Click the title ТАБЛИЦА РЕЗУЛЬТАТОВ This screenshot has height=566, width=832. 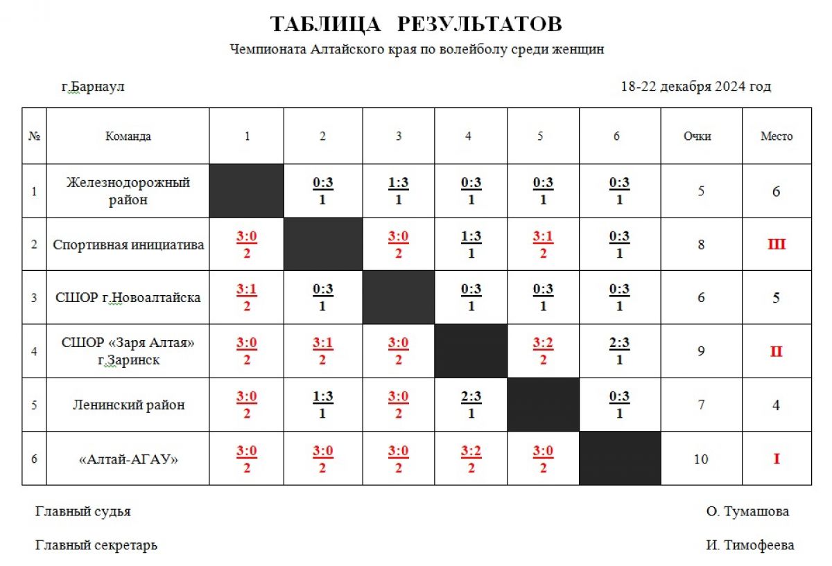(415, 24)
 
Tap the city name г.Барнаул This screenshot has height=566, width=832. (93, 87)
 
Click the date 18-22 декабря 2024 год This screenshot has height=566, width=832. (695, 87)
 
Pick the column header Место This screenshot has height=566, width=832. (776, 136)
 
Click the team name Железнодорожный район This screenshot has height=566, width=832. (128, 191)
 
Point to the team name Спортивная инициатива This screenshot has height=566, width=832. (128, 245)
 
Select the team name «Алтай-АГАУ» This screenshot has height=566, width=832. (128, 459)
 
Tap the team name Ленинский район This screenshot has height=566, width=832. (128, 405)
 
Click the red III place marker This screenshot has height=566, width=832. (776, 245)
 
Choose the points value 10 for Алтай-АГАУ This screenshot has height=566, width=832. (700, 459)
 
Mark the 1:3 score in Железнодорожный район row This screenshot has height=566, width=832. (399, 184)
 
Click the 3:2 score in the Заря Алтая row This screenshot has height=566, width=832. (543, 344)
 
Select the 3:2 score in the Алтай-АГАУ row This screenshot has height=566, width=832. (471, 451)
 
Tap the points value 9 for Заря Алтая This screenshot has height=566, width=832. (701, 352)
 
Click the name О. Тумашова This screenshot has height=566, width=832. (747, 512)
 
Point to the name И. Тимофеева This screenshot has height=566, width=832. (750, 545)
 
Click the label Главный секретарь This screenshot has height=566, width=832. (96, 545)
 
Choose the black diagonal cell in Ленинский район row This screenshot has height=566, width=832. (543, 405)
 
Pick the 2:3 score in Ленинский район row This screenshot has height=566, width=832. (471, 398)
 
